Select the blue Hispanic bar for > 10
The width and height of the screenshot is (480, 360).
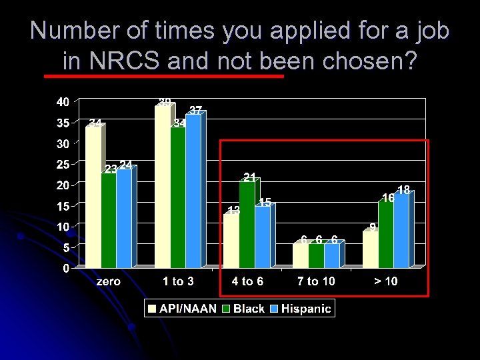click(401, 230)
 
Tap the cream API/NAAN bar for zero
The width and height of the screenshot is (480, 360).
click(93, 197)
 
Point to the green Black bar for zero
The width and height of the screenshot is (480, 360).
click(108, 219)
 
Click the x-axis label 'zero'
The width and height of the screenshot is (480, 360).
click(108, 282)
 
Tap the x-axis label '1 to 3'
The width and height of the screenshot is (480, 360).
click(178, 282)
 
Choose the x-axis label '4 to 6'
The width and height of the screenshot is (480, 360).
click(247, 282)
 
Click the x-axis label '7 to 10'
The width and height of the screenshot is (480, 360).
click(317, 282)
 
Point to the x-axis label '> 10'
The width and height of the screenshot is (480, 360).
click(385, 282)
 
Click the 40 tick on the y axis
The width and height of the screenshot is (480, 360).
click(62, 102)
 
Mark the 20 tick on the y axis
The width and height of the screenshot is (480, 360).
click(62, 185)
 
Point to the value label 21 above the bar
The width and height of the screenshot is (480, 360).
click(250, 177)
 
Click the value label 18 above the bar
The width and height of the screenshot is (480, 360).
click(403, 190)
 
